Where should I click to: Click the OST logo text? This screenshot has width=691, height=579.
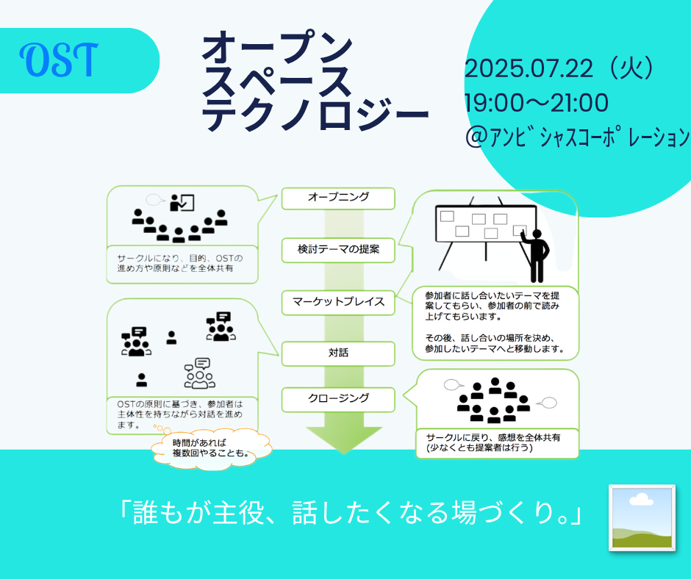(x=59, y=60)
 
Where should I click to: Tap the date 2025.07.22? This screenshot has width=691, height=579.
(x=529, y=69)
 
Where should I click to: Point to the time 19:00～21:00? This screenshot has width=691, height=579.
(x=537, y=103)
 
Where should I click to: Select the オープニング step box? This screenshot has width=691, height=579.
(x=338, y=198)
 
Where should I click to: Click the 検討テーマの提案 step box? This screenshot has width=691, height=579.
(x=338, y=251)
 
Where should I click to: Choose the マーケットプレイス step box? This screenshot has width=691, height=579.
(x=338, y=302)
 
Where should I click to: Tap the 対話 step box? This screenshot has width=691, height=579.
(x=338, y=353)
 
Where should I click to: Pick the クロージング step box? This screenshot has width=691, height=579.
(x=338, y=399)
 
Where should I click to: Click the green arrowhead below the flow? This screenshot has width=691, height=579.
(x=344, y=439)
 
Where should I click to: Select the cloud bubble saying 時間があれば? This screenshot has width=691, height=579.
(x=212, y=448)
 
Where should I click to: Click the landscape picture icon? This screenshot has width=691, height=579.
(x=642, y=518)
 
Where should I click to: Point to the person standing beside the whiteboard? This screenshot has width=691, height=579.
(x=537, y=256)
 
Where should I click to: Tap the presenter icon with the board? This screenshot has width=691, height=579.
(x=182, y=203)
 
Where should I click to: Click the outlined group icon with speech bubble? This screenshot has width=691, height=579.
(x=200, y=374)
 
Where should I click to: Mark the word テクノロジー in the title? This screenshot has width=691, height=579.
(x=315, y=115)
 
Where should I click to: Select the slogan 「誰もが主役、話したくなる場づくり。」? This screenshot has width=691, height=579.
(x=351, y=512)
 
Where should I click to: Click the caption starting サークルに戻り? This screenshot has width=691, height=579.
(x=493, y=443)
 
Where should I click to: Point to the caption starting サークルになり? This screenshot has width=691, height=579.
(x=180, y=263)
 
